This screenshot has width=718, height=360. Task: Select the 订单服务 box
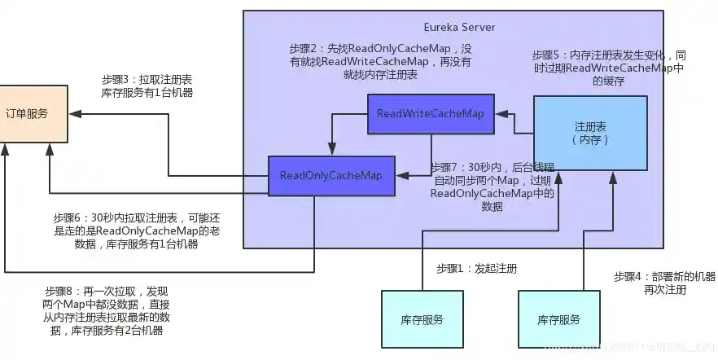33,113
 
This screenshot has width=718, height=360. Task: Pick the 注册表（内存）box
590,133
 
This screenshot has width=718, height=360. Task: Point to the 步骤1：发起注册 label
476,268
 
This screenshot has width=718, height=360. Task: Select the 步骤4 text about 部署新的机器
664,283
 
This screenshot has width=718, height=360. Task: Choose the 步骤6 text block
137,231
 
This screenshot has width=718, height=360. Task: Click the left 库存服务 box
422,319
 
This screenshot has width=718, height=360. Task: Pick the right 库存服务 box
558,319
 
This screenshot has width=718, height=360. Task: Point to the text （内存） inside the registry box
589,140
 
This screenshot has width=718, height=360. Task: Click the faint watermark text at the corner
643,348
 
